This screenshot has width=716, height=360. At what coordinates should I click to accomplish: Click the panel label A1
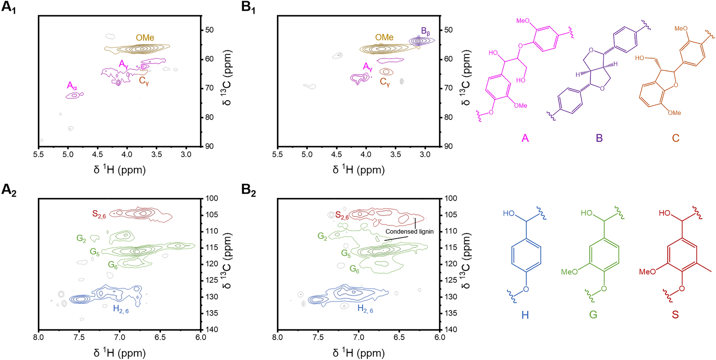tap(9, 7)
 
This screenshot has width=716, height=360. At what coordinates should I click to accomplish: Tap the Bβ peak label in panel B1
tap(425, 31)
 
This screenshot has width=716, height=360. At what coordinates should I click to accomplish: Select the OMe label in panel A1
tap(145, 38)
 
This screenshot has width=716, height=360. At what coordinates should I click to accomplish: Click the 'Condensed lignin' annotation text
tap(410, 232)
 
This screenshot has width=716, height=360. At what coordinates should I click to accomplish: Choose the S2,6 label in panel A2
tap(99, 214)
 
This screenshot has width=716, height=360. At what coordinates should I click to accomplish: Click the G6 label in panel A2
tap(113, 265)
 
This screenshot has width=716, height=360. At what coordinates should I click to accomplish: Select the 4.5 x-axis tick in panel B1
tap(336, 154)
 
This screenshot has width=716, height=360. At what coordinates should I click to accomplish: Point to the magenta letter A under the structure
tap(525, 138)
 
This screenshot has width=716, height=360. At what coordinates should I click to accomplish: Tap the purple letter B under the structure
tap(599, 138)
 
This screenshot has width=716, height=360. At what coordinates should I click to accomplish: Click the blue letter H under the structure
tap(525, 315)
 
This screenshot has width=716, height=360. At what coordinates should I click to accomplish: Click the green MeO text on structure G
tap(569, 272)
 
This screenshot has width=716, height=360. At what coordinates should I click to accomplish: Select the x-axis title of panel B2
tap(358, 352)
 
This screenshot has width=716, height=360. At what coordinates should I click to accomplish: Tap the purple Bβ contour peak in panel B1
tap(419, 41)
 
